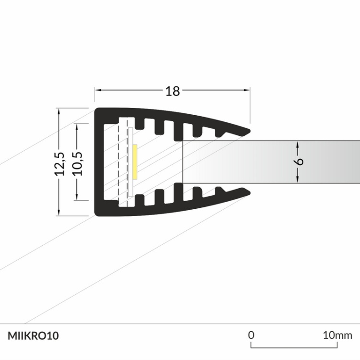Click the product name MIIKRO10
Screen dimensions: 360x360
33,336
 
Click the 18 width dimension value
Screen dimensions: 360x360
172,91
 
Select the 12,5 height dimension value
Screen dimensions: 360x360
60,164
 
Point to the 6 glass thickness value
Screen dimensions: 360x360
299,161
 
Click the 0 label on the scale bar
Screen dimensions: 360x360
251,335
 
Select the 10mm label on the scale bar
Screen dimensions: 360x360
337,335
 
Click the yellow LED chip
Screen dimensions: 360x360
136,161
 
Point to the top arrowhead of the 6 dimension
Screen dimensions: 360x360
298,144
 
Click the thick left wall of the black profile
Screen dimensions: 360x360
99,161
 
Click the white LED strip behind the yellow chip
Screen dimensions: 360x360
131,161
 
